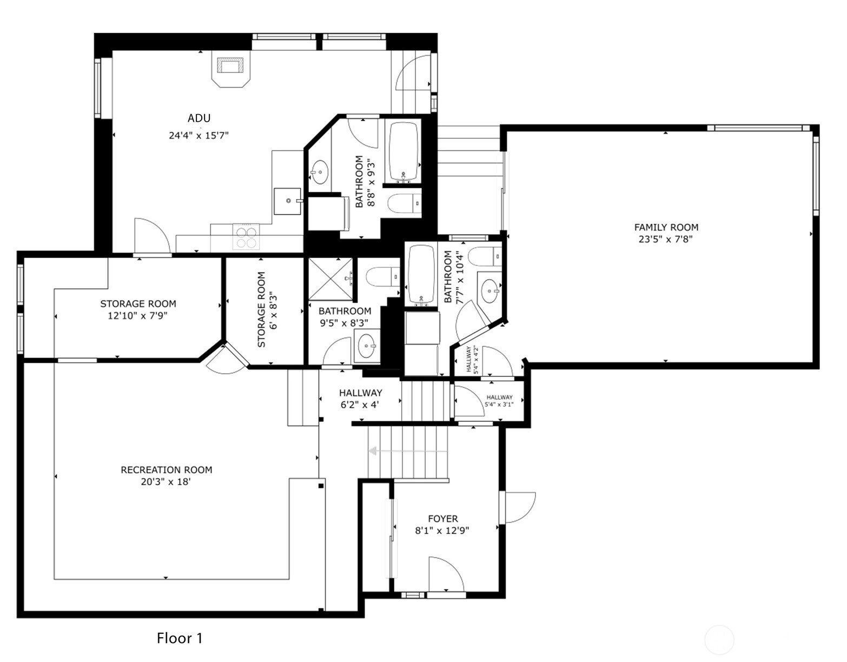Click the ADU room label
click(x=199, y=118)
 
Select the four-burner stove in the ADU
click(x=246, y=237)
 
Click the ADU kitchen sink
click(x=288, y=201)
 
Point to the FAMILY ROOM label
click(x=666, y=227)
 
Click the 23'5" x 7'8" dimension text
click(x=666, y=239)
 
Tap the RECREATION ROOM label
click(x=167, y=470)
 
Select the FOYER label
click(x=443, y=519)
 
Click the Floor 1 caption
click(x=180, y=638)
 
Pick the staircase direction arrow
click(x=408, y=451)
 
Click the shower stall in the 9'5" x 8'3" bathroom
click(x=330, y=279)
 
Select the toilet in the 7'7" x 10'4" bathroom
click(x=485, y=256)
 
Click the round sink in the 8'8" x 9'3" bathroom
click(x=320, y=172)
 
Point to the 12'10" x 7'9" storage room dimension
click(x=137, y=316)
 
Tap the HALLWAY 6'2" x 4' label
click(x=360, y=399)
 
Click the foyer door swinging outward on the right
click(x=519, y=507)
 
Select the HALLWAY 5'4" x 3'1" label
click(x=499, y=401)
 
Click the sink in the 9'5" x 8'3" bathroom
click(x=367, y=346)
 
